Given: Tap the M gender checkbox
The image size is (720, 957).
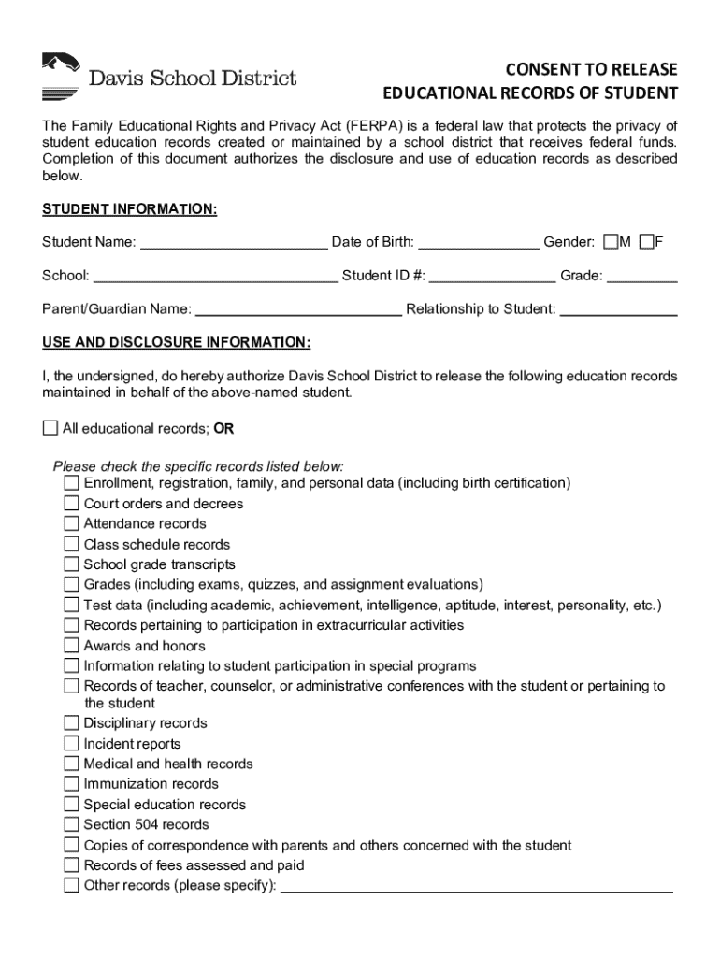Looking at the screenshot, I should [611, 242].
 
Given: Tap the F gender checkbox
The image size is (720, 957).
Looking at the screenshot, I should [646, 242].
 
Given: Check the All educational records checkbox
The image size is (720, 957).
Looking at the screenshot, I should [50, 428].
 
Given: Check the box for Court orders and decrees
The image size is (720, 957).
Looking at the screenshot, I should [72, 504].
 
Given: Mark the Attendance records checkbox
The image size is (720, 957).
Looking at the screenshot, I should [72, 523].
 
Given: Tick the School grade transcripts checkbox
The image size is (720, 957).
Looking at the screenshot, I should [72, 564].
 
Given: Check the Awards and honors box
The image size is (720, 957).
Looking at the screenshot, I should [72, 646].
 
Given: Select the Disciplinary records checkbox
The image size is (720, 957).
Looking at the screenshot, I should [72, 723].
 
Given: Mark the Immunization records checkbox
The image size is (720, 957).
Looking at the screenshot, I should [72, 784].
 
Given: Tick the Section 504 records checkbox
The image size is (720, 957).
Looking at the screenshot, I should [72, 824].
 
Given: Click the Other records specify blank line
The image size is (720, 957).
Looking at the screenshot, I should [477, 887].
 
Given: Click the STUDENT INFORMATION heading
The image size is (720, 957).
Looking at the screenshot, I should [130, 209].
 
